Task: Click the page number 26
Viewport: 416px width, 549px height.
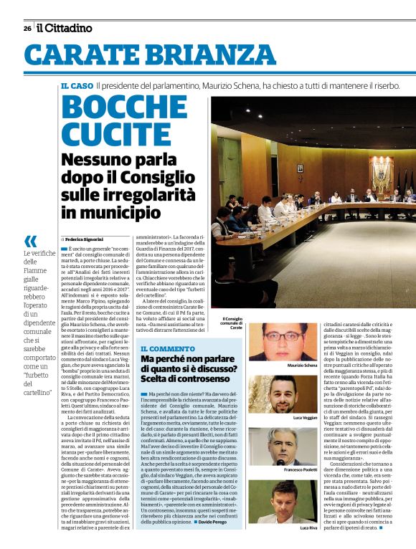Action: click(27, 28)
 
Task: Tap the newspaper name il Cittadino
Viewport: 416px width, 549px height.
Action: click(65, 28)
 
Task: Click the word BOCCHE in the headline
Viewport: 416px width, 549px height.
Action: click(126, 108)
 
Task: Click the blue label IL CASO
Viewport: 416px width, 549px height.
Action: click(77, 86)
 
